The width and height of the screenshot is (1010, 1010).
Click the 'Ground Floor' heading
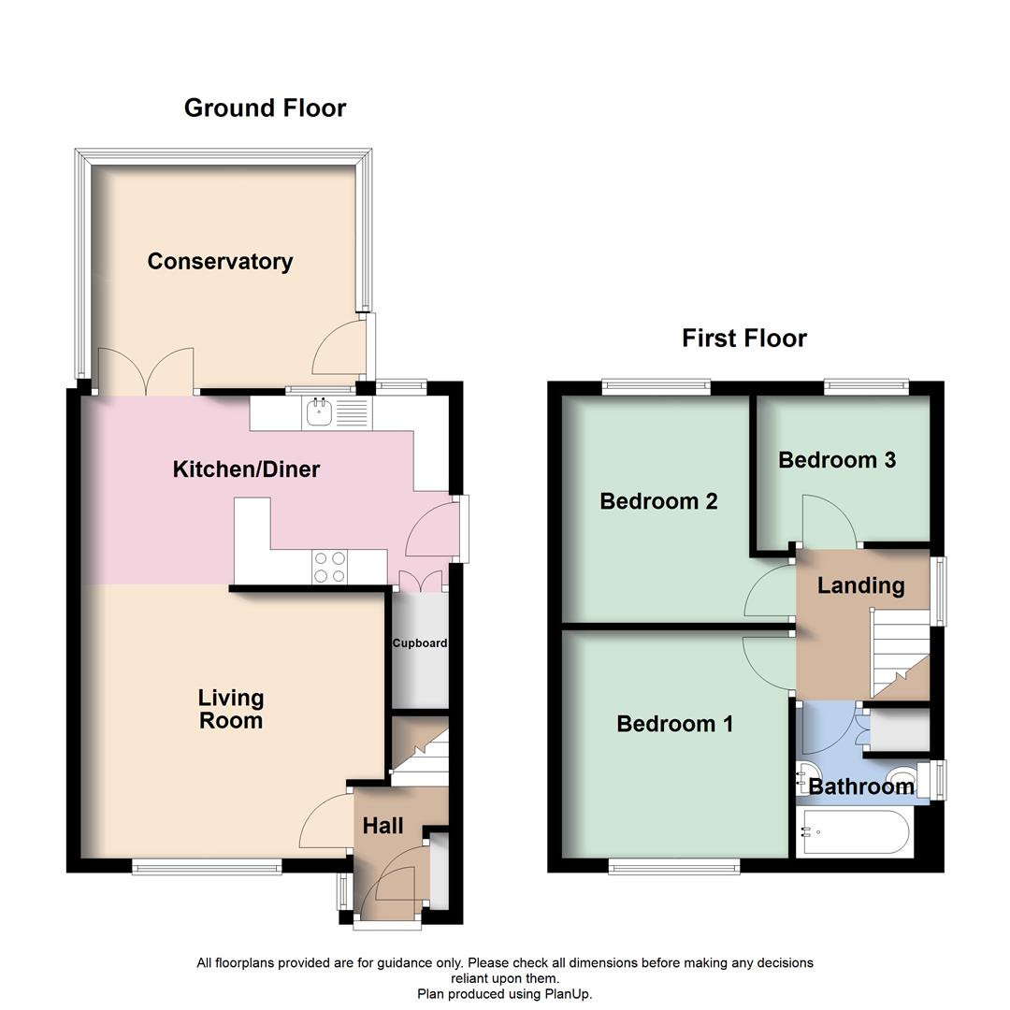265,108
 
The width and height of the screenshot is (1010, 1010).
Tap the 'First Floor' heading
743,338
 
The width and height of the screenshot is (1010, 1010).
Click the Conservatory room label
220,262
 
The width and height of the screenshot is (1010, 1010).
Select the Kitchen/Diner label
246,469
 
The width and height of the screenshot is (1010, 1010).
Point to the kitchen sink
320,411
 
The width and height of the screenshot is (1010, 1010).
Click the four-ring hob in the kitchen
330,568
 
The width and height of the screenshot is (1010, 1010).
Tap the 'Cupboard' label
419,643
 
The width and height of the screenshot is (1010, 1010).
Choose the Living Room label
230,709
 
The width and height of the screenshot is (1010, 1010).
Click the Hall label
382,826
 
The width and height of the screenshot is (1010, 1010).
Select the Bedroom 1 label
674,724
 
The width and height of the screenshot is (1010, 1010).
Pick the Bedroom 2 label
658,501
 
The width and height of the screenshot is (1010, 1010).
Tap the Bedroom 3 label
837,460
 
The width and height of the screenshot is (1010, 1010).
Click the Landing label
860,586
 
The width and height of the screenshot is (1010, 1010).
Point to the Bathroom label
861,787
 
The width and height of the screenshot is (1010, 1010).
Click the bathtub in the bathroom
854,832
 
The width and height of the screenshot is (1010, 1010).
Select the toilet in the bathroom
903,777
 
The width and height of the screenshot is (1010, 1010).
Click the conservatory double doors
145,371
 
